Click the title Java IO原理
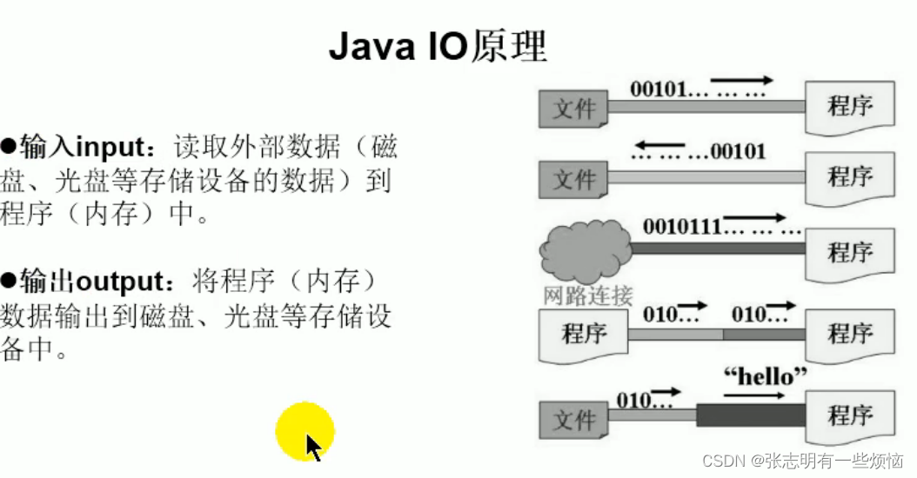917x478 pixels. (438, 47)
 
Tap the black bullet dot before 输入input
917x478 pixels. (10, 145)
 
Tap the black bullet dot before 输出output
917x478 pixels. (10, 282)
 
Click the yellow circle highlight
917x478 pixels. (304, 431)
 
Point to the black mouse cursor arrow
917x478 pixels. (313, 448)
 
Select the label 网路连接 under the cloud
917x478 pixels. (587, 295)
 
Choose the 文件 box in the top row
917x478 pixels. (573, 109)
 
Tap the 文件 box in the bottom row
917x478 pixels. (573, 420)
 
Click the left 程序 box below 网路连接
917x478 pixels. (583, 334)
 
